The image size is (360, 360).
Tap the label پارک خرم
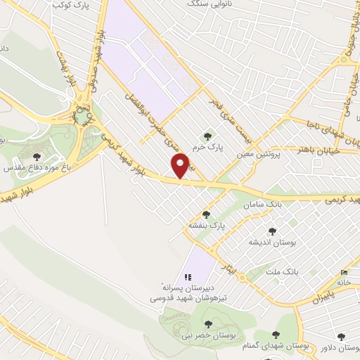[209, 149]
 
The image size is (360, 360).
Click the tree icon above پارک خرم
[207, 136]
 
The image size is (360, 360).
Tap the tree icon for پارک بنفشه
[206, 214]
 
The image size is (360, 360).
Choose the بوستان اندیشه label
[271, 242]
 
